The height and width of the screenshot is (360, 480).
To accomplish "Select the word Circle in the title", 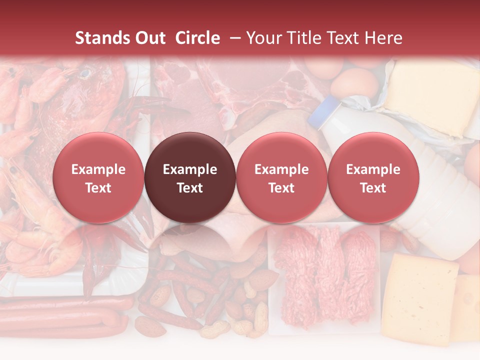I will pos(197,38).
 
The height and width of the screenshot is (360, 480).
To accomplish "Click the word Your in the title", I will pos(262,38).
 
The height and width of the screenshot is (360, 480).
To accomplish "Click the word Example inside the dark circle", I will pos(190,169).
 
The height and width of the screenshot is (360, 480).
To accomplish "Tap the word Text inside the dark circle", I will pos(190,188).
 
